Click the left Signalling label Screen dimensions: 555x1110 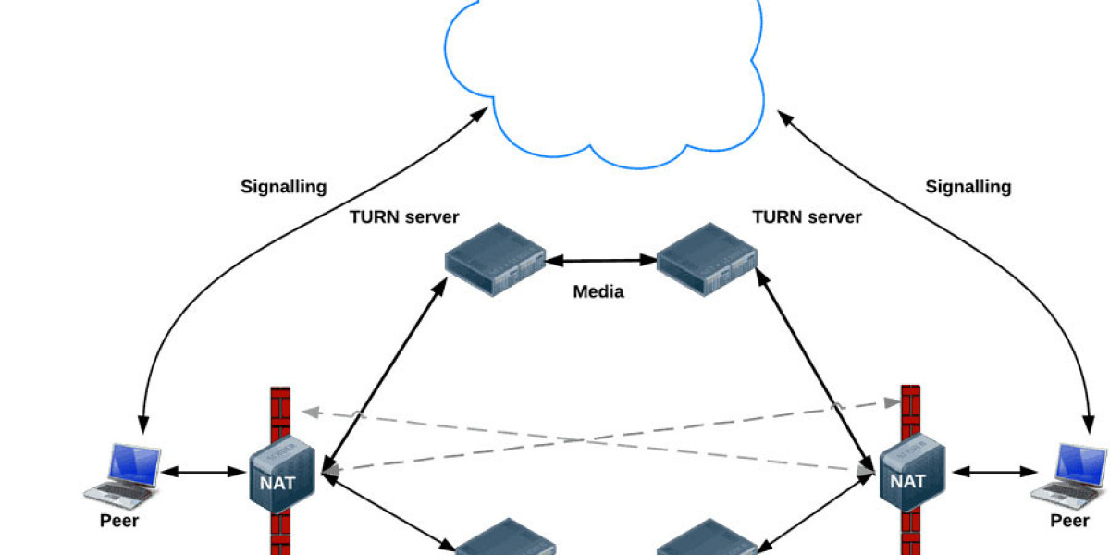click(284, 187)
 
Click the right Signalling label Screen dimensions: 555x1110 click(968, 187)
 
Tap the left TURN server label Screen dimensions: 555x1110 click(404, 217)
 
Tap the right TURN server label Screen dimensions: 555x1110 click(807, 217)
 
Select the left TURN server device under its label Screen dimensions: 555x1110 click(495, 260)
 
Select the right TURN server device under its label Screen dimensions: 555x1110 click(707, 260)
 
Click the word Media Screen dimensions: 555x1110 click(598, 292)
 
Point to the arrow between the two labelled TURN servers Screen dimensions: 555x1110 click(600, 261)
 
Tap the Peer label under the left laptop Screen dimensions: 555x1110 click(119, 521)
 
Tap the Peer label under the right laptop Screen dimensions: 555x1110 click(1069, 521)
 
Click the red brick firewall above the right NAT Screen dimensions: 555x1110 click(910, 407)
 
